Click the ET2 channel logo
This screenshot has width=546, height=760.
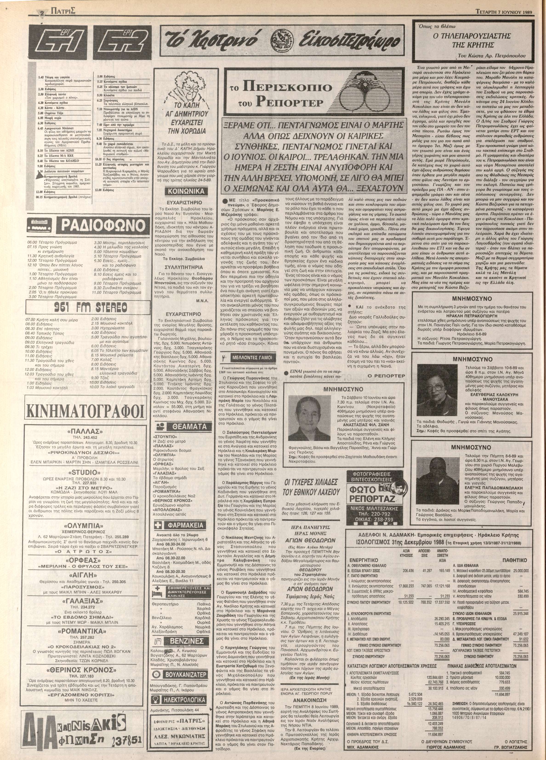pos(119,44)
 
